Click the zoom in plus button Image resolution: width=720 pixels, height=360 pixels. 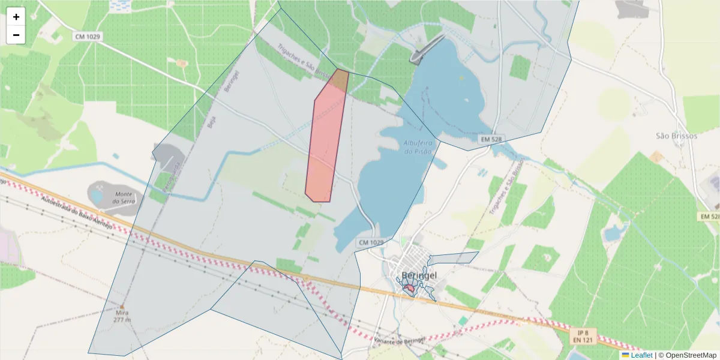(16, 17)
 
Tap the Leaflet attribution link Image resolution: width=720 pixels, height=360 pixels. (641, 355)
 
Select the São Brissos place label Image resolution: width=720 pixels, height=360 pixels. (676, 136)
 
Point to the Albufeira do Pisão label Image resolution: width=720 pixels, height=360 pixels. (418, 147)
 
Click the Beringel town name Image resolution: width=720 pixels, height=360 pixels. (419, 275)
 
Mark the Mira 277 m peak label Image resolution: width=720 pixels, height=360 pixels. (122, 316)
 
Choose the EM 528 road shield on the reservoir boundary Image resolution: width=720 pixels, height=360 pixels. (491, 139)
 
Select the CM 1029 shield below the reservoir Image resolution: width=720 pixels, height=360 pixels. (371, 242)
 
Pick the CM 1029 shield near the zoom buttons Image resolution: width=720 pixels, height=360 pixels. (88, 37)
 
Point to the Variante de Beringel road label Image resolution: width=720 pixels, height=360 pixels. (399, 341)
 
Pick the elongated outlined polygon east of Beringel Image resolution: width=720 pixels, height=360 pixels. (453, 259)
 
